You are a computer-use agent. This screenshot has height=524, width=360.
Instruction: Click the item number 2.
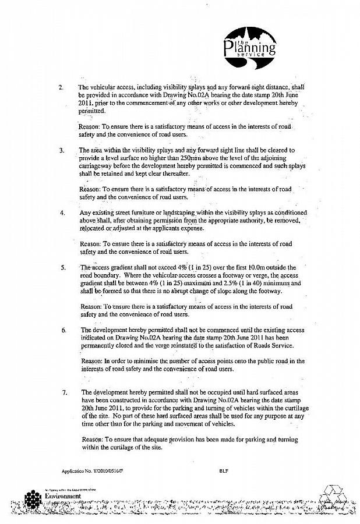(x=61, y=87)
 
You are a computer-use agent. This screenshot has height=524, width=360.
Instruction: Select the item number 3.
(x=61, y=150)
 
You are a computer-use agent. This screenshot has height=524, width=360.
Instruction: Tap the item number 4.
(x=62, y=213)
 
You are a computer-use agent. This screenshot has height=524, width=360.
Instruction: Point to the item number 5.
(x=62, y=268)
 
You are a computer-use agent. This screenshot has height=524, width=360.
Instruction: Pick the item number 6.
(x=63, y=330)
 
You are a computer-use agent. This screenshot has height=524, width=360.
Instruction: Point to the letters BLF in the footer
(x=224, y=470)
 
